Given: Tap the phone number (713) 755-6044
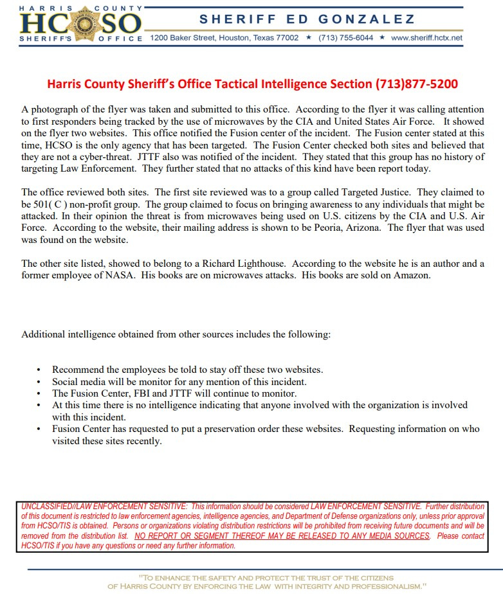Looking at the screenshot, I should pyautogui.click(x=345, y=38).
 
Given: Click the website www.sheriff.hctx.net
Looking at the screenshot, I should pyautogui.click(x=426, y=38).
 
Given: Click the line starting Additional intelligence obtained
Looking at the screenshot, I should pyautogui.click(x=176, y=335).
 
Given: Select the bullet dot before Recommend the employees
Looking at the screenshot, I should pyautogui.click(x=39, y=370).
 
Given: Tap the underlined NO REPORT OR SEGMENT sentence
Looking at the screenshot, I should pyautogui.click(x=282, y=536).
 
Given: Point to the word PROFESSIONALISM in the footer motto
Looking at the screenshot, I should pyautogui.click(x=381, y=586).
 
